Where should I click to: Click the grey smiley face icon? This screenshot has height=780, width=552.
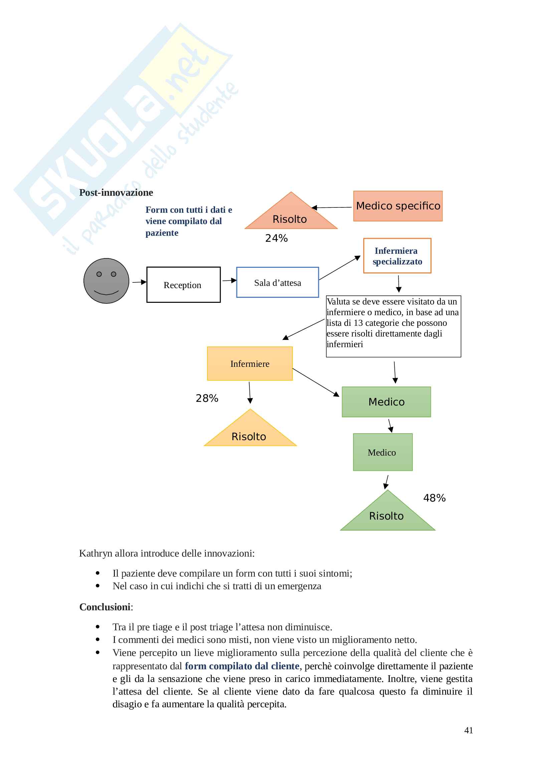(x=106, y=280)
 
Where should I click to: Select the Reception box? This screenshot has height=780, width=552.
(x=183, y=285)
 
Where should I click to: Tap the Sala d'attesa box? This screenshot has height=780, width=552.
(x=277, y=282)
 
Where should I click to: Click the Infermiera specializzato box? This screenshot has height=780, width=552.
(x=397, y=256)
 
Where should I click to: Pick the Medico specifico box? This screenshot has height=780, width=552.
(x=398, y=206)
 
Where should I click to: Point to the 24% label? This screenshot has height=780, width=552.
(x=276, y=238)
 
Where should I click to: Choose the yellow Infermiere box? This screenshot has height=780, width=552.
(x=250, y=363)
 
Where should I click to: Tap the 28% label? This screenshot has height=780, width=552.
(x=207, y=398)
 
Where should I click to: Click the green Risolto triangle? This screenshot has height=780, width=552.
(x=387, y=514)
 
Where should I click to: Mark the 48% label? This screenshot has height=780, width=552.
(x=434, y=498)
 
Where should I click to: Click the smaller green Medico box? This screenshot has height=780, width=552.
(x=383, y=452)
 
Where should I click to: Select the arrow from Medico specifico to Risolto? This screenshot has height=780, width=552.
(x=332, y=207)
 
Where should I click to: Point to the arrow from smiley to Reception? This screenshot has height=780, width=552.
(x=139, y=282)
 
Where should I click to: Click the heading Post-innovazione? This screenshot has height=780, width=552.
(x=116, y=193)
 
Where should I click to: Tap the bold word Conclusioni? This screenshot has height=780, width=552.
(x=105, y=607)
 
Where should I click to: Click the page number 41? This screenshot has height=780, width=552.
(x=468, y=730)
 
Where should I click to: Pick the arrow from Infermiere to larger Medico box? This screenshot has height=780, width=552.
(x=316, y=382)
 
